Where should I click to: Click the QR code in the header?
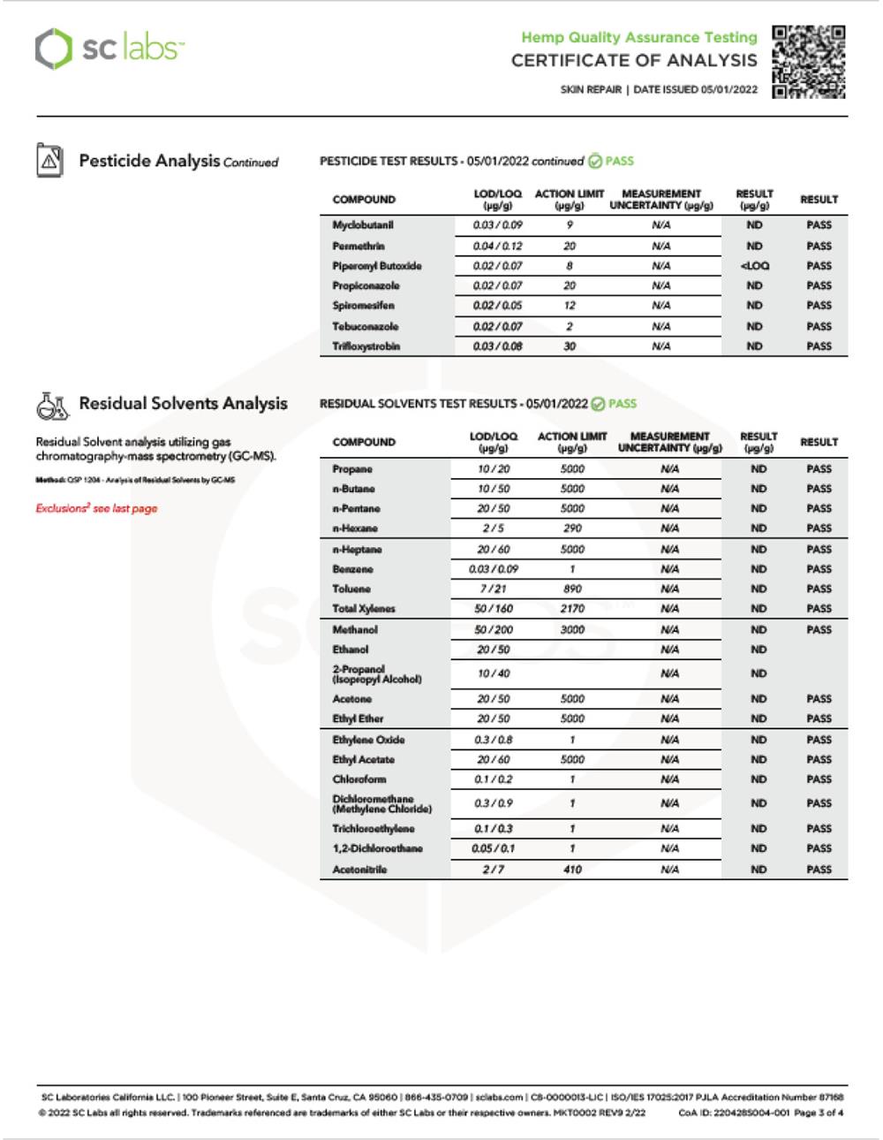tap(809, 61)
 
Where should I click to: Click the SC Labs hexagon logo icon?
tap(52, 48)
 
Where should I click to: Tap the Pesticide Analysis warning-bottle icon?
tap(49, 161)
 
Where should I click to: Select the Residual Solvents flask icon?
tap(52, 405)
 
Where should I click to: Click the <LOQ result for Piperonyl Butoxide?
tap(754, 266)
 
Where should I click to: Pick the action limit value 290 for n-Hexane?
tap(572, 528)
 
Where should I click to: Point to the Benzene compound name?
tap(352, 569)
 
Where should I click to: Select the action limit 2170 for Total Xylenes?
tap(572, 609)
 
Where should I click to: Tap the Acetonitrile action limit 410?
tap(572, 870)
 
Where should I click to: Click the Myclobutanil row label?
tap(362, 225)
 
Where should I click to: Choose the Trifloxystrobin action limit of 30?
tap(570, 346)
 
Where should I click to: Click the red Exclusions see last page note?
tap(96, 508)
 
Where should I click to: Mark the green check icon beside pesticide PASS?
tap(595, 161)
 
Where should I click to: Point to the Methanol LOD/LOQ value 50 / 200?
tap(494, 630)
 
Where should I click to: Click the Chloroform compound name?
tap(358, 779)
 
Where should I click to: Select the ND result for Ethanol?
tap(758, 650)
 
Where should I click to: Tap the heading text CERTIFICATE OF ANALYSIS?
tap(634, 61)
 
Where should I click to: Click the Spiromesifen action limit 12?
tap(570, 306)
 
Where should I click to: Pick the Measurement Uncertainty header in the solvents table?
tap(669, 442)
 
